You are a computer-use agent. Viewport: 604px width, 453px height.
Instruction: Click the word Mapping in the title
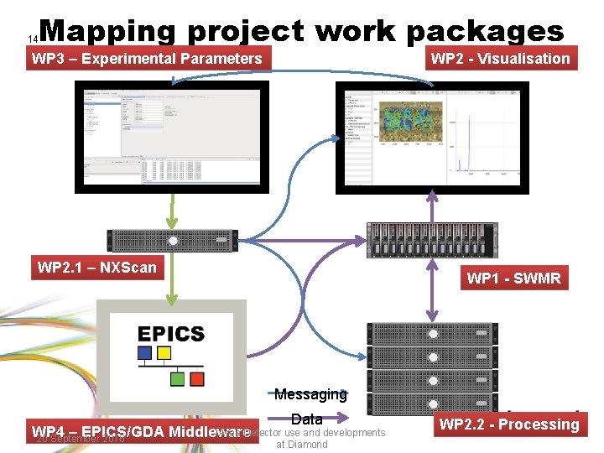coord(107,31)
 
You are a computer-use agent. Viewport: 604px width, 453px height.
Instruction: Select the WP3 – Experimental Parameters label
coord(147,59)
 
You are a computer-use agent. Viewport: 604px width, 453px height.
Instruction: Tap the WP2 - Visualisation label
coord(500,59)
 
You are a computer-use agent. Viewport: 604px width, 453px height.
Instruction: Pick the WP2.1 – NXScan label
coord(97,268)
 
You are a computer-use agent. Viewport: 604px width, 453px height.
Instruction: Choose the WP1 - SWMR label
coord(513,279)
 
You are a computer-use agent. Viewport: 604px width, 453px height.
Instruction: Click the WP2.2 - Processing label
coord(509,424)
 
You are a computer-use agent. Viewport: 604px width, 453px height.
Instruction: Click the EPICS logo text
coord(171,334)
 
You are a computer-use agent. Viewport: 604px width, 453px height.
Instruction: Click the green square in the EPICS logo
coord(178,379)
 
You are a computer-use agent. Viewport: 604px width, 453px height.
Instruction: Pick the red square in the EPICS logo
coord(197,379)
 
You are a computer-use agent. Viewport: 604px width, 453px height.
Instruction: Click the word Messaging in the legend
coord(310,394)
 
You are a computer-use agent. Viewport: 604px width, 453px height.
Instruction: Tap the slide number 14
coord(33,39)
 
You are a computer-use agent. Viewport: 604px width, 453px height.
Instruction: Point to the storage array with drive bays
coord(433,240)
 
